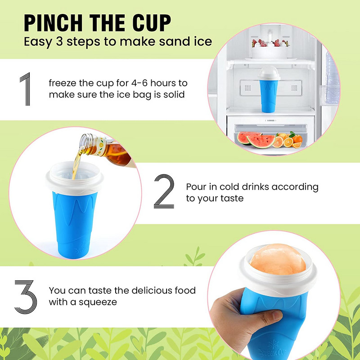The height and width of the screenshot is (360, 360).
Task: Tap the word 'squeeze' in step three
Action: (x=94, y=302)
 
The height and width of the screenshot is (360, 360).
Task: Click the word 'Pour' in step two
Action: (x=197, y=186)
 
